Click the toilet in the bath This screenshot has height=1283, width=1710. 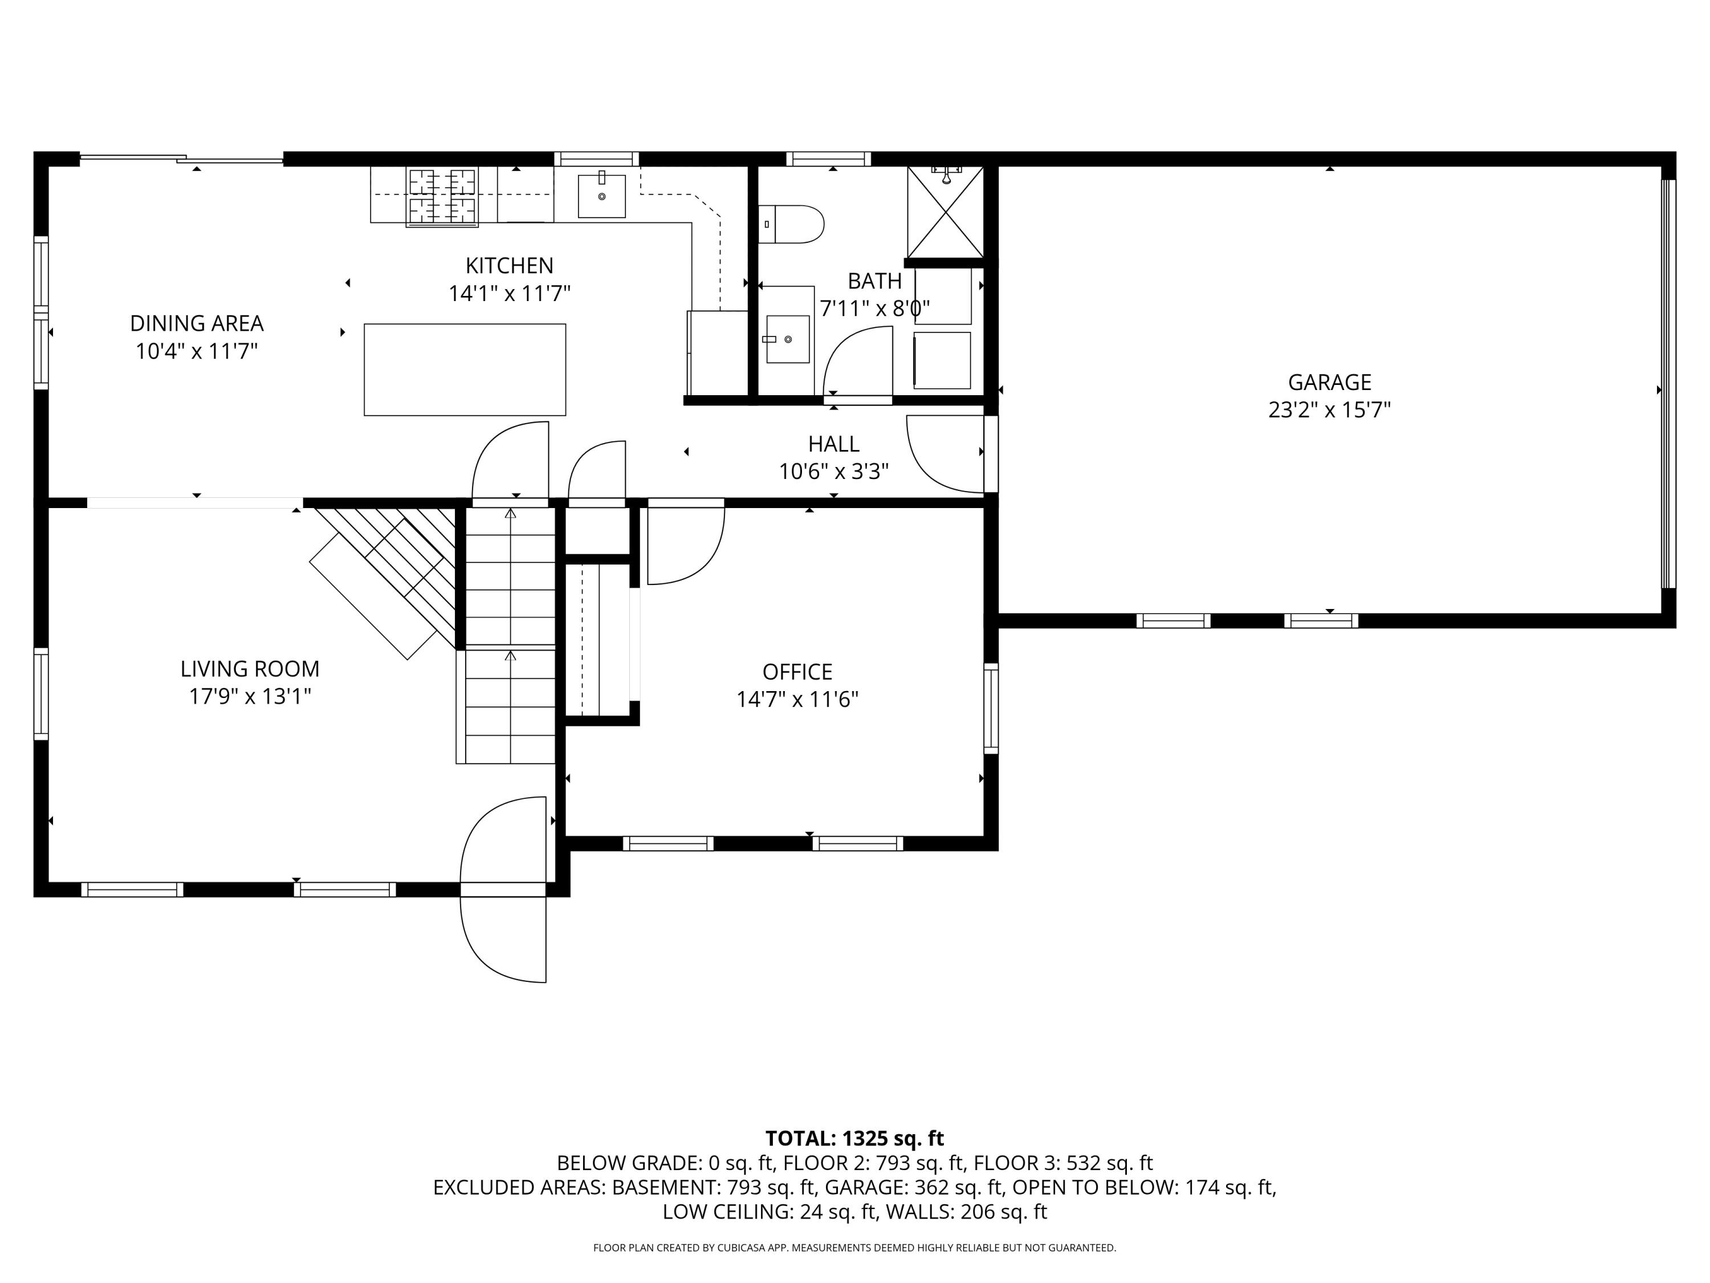[x=792, y=224]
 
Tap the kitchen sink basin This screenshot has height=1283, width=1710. [x=601, y=196]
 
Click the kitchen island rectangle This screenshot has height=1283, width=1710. [x=465, y=370]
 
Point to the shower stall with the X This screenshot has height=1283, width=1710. [x=944, y=212]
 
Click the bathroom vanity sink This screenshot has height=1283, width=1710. [x=787, y=339]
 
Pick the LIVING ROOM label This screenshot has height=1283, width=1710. [x=250, y=668]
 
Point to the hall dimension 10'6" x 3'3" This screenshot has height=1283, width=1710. [x=833, y=471]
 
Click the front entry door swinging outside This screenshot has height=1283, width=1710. [x=503, y=940]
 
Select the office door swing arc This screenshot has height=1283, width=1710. [x=686, y=545]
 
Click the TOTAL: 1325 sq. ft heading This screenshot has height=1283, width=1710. [x=854, y=1138]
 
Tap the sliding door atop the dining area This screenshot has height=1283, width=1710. [x=182, y=159]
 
